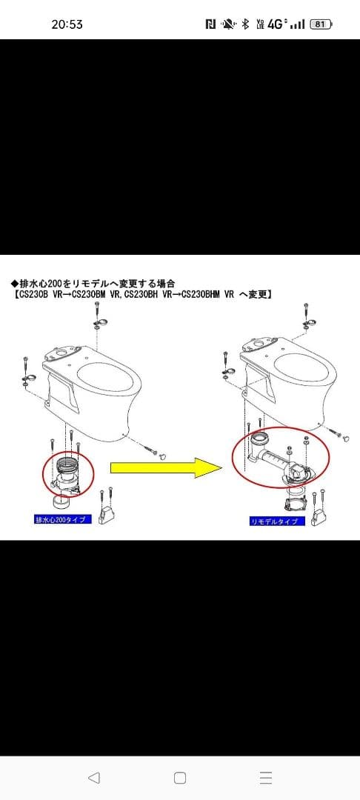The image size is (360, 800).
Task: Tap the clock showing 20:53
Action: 67,24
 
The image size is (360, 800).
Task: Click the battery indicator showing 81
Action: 320,24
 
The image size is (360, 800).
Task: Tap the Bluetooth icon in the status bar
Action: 245,24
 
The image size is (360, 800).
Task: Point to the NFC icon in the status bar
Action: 210,24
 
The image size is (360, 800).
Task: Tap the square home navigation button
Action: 180,778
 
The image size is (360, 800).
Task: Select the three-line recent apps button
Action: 267,778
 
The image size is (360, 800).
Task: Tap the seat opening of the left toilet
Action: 110,379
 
